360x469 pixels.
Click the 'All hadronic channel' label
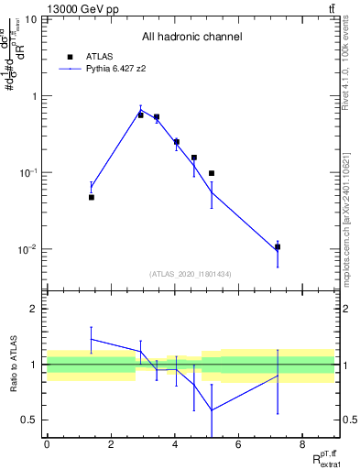tap(191, 38)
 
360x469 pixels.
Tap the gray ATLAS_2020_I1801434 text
tap(191, 274)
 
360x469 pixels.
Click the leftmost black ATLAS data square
tap(92, 197)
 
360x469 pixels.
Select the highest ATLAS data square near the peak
tap(141, 115)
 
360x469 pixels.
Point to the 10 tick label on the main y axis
tap(30, 19)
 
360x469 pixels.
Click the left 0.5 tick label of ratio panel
tap(29, 420)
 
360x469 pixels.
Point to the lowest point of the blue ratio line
tap(213, 409)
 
